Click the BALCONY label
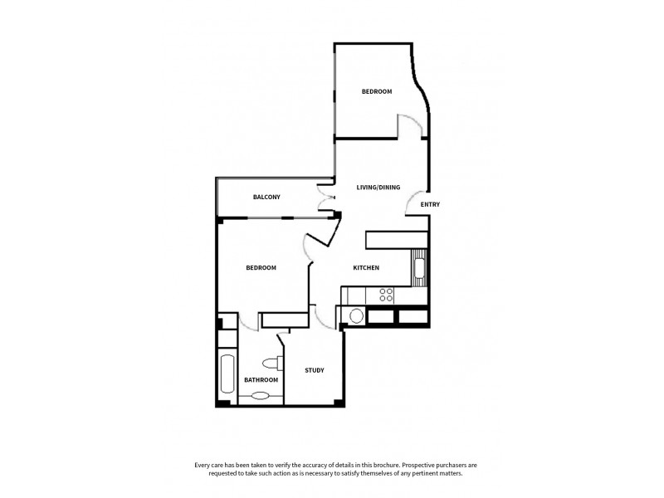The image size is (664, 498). click(x=266, y=197)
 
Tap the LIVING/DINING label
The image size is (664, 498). click(x=378, y=188)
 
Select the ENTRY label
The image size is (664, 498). click(x=430, y=204)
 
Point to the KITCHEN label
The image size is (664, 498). click(x=366, y=268)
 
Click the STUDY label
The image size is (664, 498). click(x=314, y=370)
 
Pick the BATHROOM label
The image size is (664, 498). click(x=261, y=380)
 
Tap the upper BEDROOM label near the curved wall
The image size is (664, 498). click(x=376, y=91)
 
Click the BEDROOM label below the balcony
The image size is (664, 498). click(x=261, y=268)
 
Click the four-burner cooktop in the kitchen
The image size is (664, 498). click(x=386, y=294)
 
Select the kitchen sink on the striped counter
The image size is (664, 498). click(x=420, y=267)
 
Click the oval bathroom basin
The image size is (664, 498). click(x=261, y=396)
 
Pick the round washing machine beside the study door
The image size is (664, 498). click(x=355, y=315)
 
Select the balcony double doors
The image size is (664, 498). click(x=325, y=200)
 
